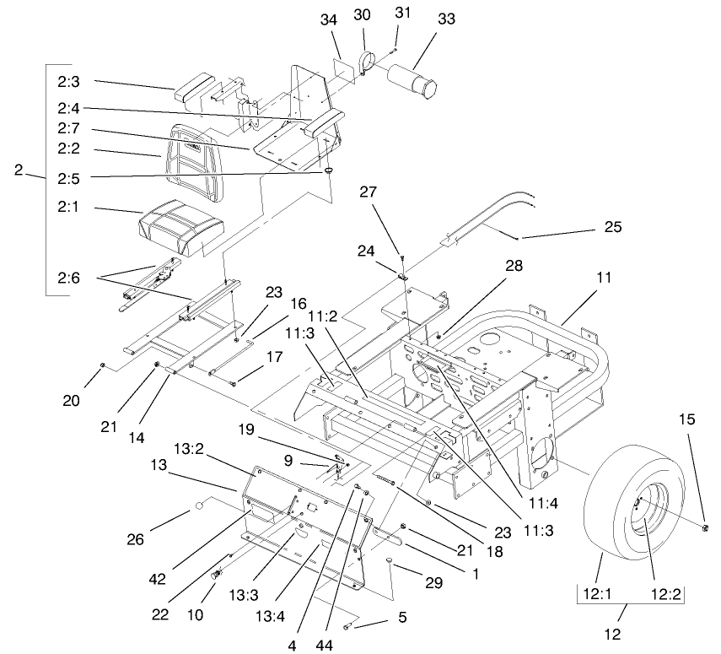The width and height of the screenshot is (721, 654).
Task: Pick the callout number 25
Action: click(x=612, y=229)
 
